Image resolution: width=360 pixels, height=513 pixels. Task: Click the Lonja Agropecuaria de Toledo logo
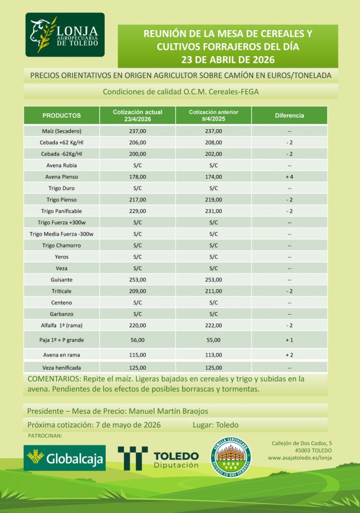(65, 35)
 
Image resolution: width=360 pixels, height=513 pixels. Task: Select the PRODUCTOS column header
(62, 116)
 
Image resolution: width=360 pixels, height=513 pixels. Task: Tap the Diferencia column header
(289, 116)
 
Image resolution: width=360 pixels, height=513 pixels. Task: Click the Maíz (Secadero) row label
(62, 131)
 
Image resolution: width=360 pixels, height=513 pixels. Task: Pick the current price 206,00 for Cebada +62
(137, 143)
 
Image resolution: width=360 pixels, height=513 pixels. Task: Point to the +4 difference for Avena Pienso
(289, 177)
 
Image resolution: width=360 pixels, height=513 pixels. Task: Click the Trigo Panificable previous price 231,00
(213, 211)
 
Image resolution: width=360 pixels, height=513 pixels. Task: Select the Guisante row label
(62, 280)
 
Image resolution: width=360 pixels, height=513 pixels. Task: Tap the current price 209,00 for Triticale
(137, 291)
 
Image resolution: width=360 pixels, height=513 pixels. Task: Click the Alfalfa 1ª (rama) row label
(62, 325)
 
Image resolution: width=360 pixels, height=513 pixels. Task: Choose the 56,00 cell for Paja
(137, 340)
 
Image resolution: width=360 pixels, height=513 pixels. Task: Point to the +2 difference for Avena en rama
(289, 355)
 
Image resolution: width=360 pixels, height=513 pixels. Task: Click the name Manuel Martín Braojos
(168, 411)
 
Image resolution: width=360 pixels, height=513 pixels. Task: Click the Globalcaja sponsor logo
(65, 457)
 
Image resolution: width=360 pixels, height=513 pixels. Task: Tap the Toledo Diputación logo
(158, 458)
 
